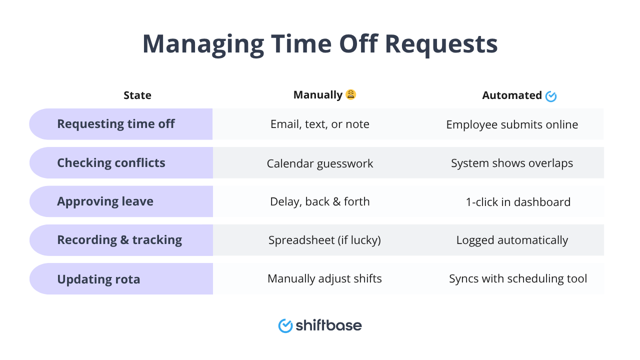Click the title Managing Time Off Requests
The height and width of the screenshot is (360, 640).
pos(320,44)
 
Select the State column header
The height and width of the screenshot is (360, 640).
pos(137,95)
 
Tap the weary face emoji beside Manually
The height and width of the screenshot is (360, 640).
pos(351,94)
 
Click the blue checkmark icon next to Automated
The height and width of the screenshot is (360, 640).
pos(551,96)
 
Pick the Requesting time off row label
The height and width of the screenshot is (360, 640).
pos(115,124)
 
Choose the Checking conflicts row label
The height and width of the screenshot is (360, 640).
pos(111,163)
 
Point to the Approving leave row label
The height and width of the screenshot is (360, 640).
pos(105,201)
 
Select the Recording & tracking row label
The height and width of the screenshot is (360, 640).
pos(119,240)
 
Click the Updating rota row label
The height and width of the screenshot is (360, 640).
pos(98,279)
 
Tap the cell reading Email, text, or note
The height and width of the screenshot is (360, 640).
pos(320,124)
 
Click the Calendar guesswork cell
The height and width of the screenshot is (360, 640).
pos(320,163)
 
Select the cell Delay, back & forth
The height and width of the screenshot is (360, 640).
pos(320,201)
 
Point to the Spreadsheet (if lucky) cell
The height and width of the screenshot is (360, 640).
pos(324,240)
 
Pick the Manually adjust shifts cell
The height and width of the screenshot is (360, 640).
pos(324,278)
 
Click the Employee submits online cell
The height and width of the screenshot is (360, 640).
pos(512,124)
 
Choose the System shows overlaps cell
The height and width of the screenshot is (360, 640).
pos(512,163)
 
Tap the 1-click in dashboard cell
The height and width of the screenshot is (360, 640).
pos(518,202)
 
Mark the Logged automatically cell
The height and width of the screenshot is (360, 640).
pos(512,240)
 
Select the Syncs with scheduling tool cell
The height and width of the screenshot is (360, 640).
pos(518,278)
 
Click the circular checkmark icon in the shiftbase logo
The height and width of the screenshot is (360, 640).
pos(285,326)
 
